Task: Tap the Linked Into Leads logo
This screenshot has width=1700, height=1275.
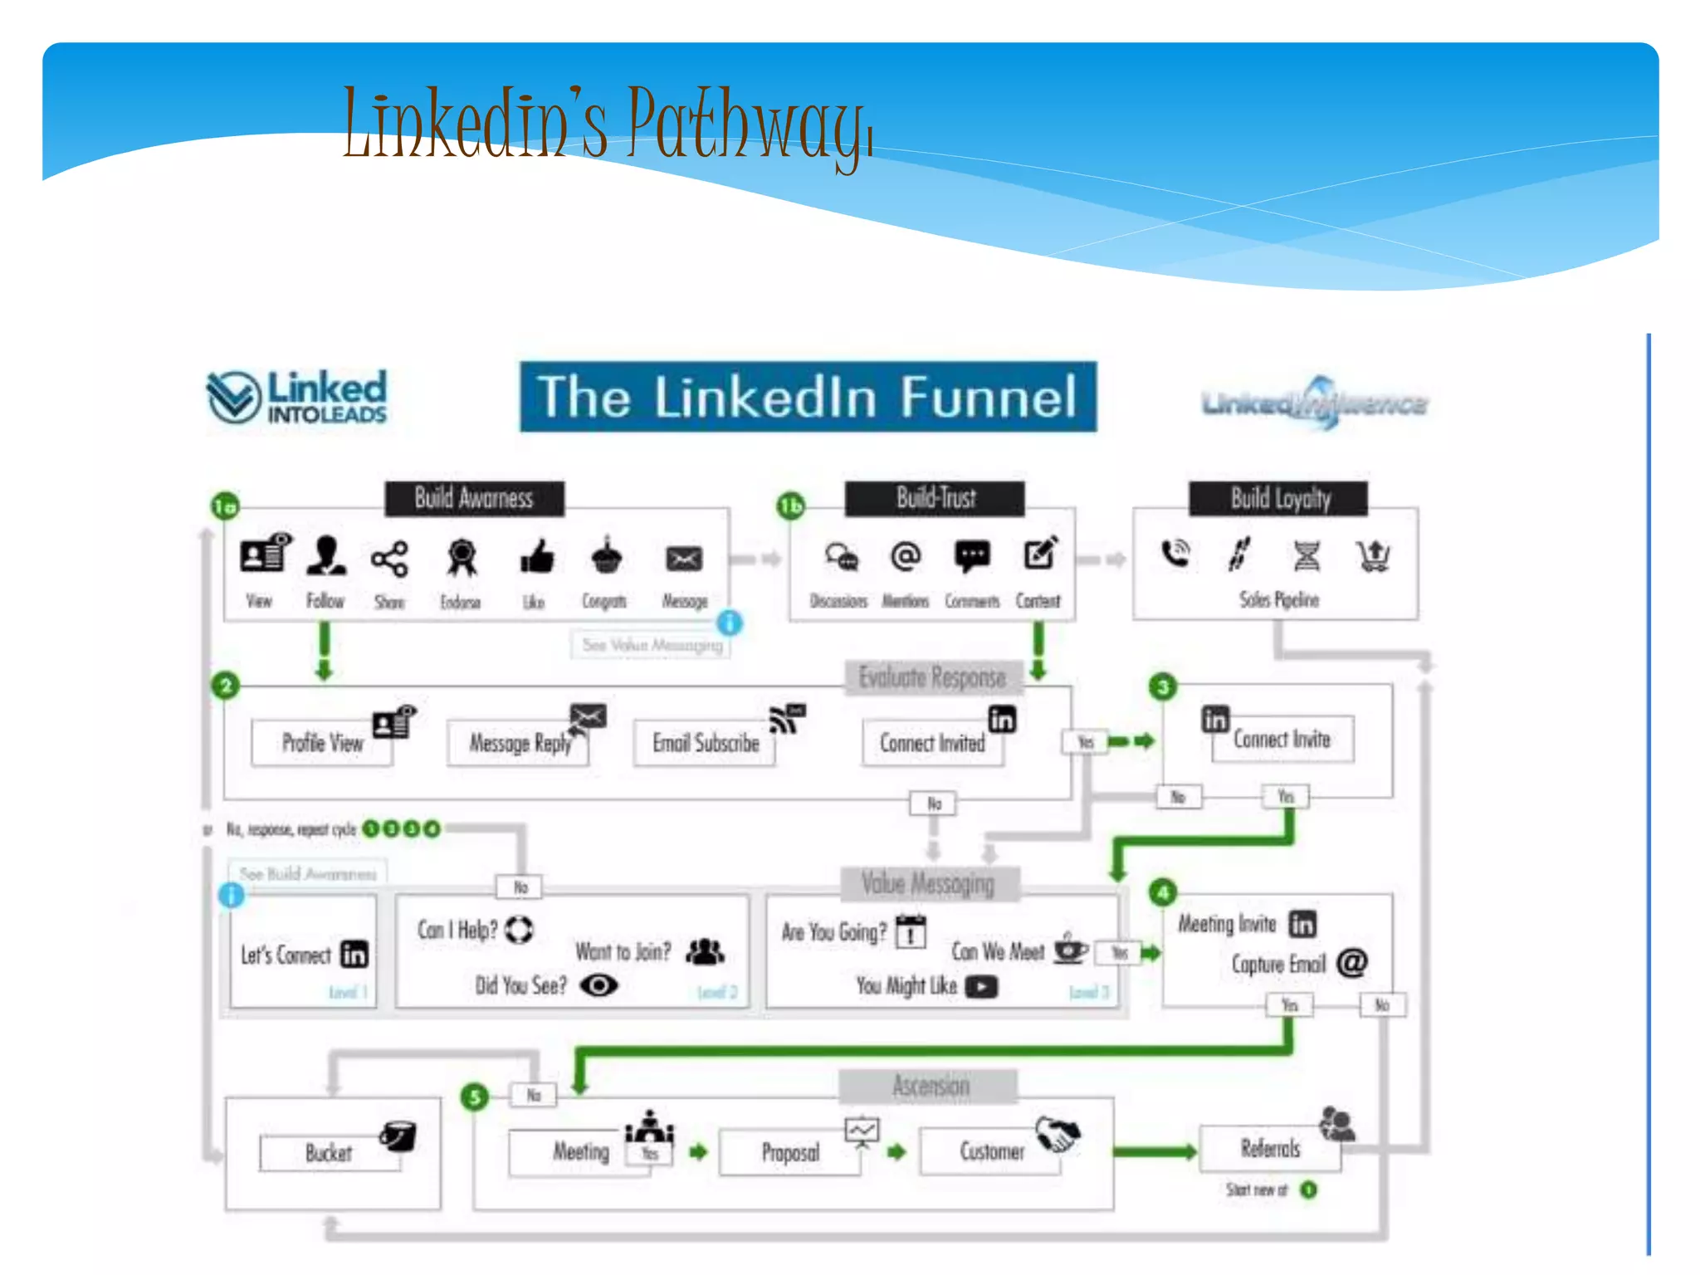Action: [x=297, y=397]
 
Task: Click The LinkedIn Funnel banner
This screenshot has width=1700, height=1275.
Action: [x=808, y=397]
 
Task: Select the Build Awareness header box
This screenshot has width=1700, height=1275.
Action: [x=474, y=499]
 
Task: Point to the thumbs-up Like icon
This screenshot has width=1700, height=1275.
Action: [x=536, y=557]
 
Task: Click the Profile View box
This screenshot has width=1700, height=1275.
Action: [x=322, y=743]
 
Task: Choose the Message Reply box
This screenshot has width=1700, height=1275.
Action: [x=520, y=743]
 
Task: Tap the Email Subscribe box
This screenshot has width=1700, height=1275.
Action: [x=705, y=743]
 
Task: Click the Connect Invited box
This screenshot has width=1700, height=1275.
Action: [x=932, y=743]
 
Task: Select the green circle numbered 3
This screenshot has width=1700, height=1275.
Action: [x=1163, y=686]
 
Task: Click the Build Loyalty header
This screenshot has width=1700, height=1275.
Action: [x=1279, y=499]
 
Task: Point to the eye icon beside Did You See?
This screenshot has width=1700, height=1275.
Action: [x=598, y=985]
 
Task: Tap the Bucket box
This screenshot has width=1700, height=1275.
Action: [x=330, y=1153]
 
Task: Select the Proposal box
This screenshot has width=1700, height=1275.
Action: [x=790, y=1152]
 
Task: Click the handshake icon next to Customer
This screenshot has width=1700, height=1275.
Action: [x=1058, y=1134]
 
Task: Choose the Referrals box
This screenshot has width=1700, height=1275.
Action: [x=1270, y=1149]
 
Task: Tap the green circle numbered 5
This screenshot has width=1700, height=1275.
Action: [x=475, y=1097]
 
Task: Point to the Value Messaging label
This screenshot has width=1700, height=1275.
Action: [x=928, y=884]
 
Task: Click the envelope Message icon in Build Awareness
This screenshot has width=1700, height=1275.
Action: [x=684, y=559]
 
